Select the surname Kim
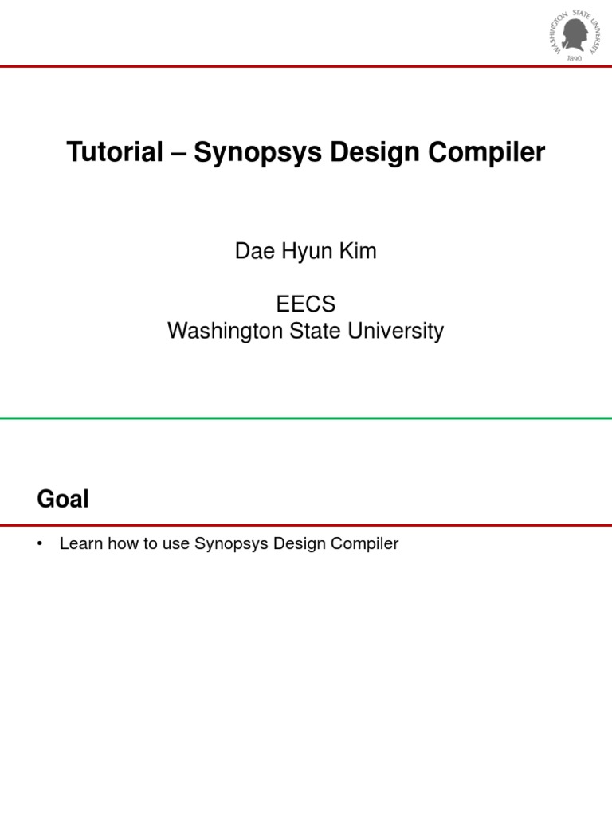point(356,252)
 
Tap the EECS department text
point(306,304)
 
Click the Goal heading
point(63,500)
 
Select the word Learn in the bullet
point(80,545)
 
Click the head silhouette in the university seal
point(575,34)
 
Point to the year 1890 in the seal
point(575,59)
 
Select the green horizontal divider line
point(306,417)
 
